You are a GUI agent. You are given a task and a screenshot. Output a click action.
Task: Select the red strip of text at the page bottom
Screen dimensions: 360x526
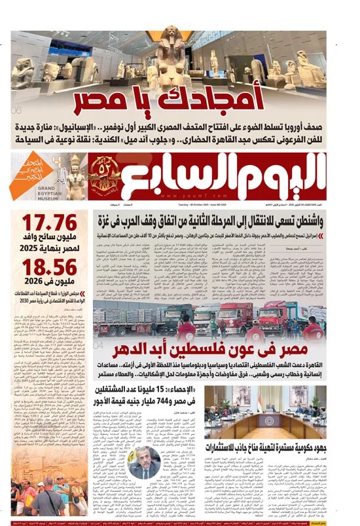pyautogui.click(x=180, y=522)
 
